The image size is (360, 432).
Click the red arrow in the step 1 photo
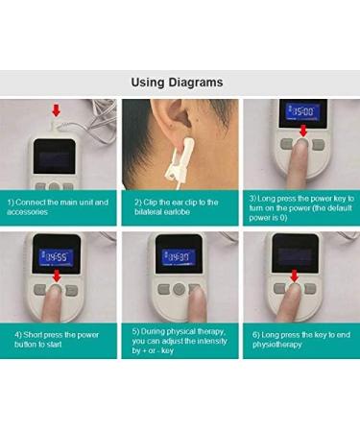[57, 110]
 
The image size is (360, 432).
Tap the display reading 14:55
[59, 256]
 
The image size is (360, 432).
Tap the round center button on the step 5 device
[178, 288]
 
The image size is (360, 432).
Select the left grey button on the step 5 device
[159, 288]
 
